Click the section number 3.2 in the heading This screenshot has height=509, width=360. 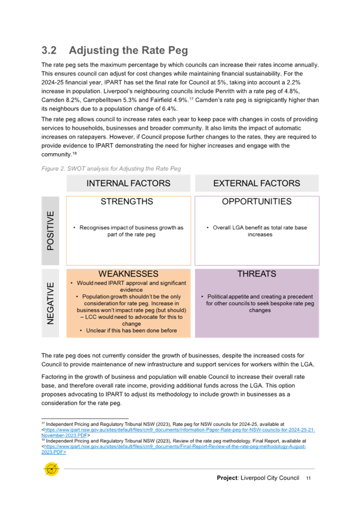(x=49, y=51)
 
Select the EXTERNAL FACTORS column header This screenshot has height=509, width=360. (x=256, y=183)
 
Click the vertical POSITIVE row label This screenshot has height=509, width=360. (x=51, y=230)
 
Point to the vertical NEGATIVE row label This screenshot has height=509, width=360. (x=51, y=302)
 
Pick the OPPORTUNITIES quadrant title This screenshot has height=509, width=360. (x=256, y=202)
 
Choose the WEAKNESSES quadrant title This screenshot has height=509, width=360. (x=128, y=274)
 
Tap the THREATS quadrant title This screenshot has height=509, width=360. (x=256, y=274)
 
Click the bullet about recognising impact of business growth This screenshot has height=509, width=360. (x=131, y=231)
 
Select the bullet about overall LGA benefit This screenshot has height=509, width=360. (x=260, y=231)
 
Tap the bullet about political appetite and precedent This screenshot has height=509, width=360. (x=260, y=303)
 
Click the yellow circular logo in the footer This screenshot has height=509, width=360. (x=51, y=470)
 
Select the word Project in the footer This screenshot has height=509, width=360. (x=227, y=478)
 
